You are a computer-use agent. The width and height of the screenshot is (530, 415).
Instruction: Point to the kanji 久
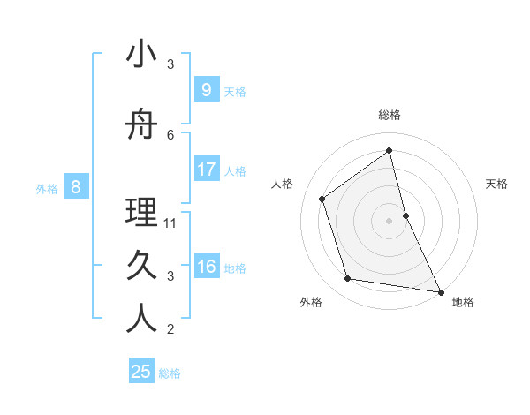pos(141,266)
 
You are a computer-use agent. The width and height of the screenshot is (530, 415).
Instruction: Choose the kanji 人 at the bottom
pos(141,319)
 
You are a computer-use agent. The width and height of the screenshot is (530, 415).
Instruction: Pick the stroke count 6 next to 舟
pos(170,134)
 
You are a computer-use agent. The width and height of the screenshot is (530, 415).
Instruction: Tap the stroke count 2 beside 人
pos(170,329)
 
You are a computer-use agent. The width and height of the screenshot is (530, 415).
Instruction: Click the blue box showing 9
pos(206,90)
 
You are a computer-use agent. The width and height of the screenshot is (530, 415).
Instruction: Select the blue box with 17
pos(206,170)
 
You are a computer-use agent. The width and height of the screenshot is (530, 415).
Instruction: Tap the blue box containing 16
pos(206,267)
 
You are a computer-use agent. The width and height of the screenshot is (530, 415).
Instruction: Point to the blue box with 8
pos(76,186)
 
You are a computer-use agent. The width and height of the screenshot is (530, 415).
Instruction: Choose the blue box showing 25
pos(141,372)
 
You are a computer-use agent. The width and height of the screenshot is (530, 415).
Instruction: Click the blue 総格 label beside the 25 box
pos(170,373)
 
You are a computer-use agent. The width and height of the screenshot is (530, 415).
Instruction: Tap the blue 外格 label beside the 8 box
pos(47,188)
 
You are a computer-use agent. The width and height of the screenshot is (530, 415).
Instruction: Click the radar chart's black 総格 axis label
pos(390,115)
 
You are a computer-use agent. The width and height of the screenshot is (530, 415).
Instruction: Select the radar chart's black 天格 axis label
pos(497,184)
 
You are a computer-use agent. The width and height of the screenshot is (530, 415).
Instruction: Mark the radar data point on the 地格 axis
pos(439,290)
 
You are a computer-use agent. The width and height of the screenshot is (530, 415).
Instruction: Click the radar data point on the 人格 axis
pos(322,199)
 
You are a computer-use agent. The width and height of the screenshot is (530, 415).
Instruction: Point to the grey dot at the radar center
pos(389,220)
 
